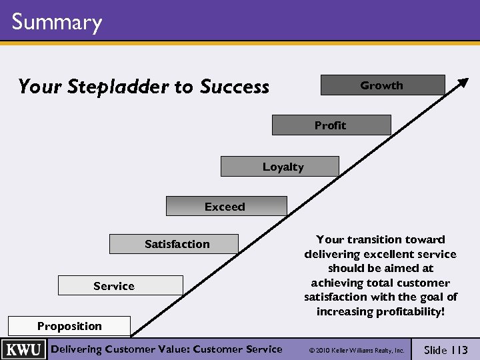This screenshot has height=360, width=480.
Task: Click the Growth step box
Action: pyautogui.click(x=382, y=85)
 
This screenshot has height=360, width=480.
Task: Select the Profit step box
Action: pyautogui.click(x=331, y=125)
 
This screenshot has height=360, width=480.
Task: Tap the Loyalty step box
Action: pyautogui.click(x=280, y=167)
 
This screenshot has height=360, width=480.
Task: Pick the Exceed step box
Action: pyautogui.click(x=225, y=207)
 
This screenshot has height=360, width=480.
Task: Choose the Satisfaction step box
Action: pyautogui.click(x=174, y=244)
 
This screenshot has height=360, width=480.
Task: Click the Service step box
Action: pyautogui.click(x=120, y=286)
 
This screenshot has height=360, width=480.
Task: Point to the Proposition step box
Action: pyautogui.click(x=69, y=326)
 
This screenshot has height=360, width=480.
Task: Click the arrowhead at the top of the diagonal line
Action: pyautogui.click(x=461, y=83)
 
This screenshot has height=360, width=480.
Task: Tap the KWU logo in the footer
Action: pyautogui.click(x=24, y=350)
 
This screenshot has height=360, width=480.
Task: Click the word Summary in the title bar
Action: pyautogui.click(x=57, y=22)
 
